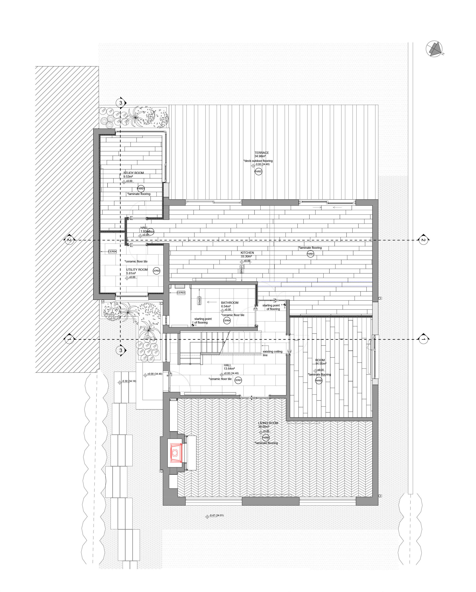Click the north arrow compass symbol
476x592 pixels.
click(435, 49)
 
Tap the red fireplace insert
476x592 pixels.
click(175, 453)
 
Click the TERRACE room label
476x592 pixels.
click(261, 153)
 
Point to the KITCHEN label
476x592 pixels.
click(247, 253)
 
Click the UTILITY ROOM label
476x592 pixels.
click(137, 270)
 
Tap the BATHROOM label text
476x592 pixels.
click(230, 303)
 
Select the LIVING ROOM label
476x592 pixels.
click(268, 423)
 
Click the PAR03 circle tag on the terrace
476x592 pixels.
click(258, 172)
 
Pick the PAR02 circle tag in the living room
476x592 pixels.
click(266, 437)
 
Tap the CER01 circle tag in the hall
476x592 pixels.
click(238, 380)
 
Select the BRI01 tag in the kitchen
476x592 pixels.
click(241, 269)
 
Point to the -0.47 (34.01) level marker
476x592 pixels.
click(216, 515)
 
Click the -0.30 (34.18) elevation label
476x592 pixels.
click(129, 381)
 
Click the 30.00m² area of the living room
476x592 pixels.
click(263, 427)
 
